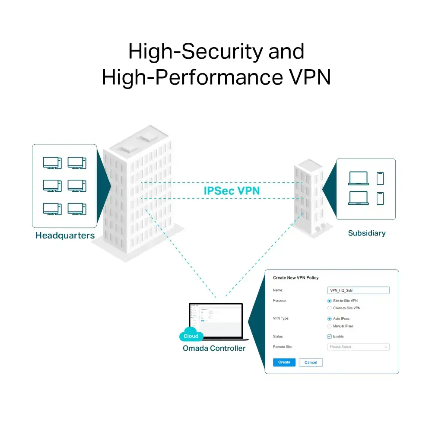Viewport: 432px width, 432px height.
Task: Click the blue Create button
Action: click(284, 362)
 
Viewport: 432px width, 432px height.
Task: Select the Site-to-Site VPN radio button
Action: click(330, 301)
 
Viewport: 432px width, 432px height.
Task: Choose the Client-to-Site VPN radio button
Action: click(330, 308)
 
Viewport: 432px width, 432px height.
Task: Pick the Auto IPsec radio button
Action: click(330, 318)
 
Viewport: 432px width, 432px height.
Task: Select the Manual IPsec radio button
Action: click(330, 326)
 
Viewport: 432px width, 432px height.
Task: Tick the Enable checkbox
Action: click(330, 337)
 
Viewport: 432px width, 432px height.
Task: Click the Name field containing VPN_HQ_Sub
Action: click(358, 291)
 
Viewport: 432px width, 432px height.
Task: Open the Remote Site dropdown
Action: click(358, 347)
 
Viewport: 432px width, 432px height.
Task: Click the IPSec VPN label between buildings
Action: click(232, 191)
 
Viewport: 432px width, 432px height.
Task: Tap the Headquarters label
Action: click(65, 236)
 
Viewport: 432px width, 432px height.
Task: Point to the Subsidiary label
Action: click(366, 233)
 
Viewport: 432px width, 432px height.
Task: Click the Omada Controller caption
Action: click(214, 348)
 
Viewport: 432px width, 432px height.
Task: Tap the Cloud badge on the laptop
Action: click(191, 336)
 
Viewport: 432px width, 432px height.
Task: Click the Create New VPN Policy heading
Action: click(295, 278)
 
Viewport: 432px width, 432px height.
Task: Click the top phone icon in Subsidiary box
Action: click(380, 178)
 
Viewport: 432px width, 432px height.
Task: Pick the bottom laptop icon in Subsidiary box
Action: click(358, 198)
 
